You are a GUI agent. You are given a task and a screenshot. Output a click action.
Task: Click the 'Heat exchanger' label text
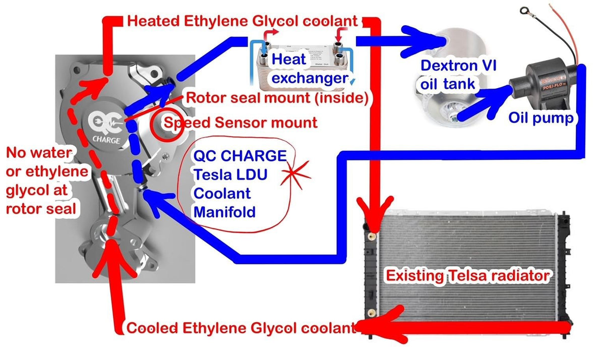[308, 69]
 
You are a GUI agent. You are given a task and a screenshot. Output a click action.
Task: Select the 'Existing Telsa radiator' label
[467, 276]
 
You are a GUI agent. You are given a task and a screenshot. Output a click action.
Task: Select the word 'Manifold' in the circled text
[224, 212]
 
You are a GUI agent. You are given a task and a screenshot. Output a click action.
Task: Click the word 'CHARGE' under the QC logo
[106, 139]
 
